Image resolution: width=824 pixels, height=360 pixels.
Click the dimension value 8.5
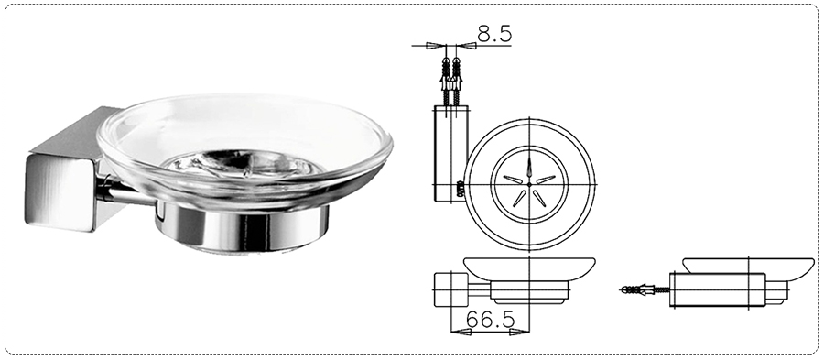(x=494, y=34)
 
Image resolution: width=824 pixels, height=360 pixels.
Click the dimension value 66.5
(x=489, y=320)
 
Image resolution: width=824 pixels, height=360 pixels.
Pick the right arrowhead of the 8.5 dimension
(x=466, y=46)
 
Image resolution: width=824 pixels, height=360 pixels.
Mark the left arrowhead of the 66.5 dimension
(x=461, y=333)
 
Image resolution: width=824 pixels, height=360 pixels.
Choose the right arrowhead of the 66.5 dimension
(x=520, y=333)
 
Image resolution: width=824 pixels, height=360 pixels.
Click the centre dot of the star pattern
(x=529, y=184)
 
